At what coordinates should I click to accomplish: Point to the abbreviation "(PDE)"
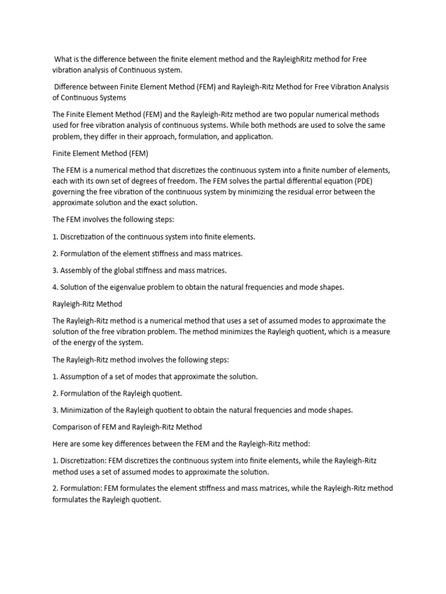tap(359, 181)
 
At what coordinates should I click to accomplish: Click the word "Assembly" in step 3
tap(77, 270)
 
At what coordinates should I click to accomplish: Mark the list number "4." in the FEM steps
tap(55, 287)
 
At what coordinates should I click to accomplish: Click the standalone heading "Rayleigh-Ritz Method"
tap(87, 303)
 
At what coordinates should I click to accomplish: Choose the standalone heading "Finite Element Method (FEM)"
tap(100, 153)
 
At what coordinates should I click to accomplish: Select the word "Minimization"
tap(83, 410)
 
